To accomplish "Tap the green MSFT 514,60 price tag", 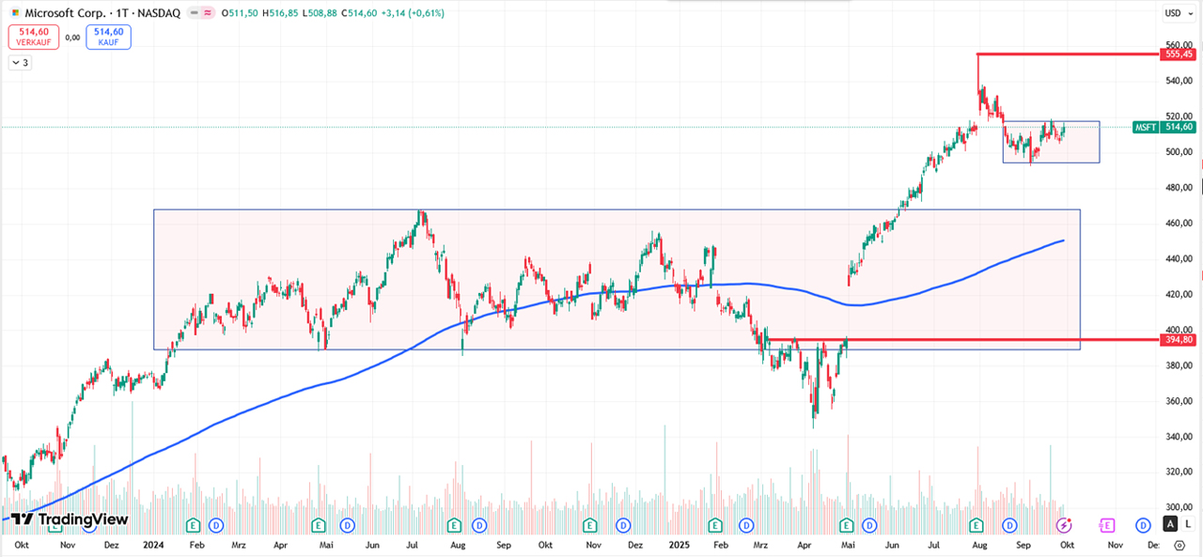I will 1164,127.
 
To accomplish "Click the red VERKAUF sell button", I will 34,37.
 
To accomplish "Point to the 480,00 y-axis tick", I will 1178,187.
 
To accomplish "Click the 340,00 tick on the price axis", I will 1178,437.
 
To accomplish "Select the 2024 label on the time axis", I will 154,544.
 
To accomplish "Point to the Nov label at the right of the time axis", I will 1114,544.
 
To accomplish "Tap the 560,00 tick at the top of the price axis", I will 1178,45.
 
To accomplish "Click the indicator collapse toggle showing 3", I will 20,63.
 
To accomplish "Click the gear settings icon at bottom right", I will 1180,545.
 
